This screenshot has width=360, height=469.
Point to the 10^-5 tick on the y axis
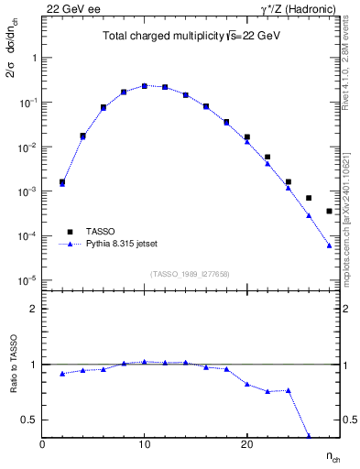tap(30, 280)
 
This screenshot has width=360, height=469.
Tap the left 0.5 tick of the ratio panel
tap(31, 420)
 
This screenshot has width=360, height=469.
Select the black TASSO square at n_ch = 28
tap(329, 212)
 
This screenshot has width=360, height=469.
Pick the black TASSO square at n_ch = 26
tap(309, 198)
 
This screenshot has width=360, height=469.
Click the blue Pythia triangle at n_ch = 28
tap(329, 245)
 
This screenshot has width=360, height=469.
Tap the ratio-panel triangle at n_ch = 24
tap(289, 390)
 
